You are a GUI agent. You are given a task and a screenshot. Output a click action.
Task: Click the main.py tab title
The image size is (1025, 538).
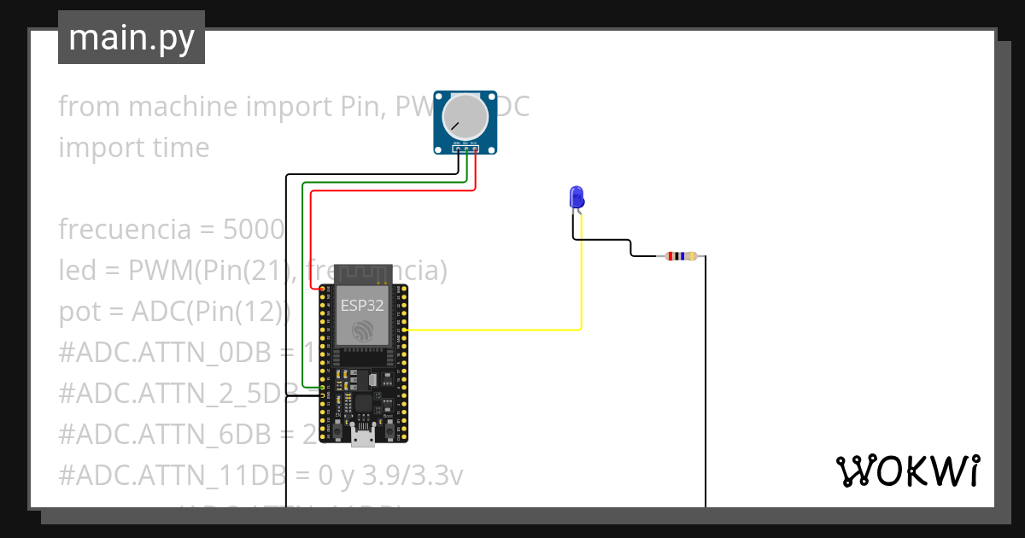point(131,38)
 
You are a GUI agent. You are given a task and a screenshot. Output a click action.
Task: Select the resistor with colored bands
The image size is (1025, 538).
point(681,255)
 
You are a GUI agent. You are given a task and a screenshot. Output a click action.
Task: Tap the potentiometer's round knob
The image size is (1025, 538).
point(466,117)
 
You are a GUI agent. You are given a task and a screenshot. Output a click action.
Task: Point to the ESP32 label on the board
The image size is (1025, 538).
point(361,305)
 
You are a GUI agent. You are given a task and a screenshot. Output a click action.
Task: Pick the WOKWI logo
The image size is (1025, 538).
point(907,471)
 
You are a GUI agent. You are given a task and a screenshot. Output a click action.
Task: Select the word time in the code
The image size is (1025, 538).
point(179,148)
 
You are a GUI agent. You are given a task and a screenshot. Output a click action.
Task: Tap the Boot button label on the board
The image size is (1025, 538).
point(389,416)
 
